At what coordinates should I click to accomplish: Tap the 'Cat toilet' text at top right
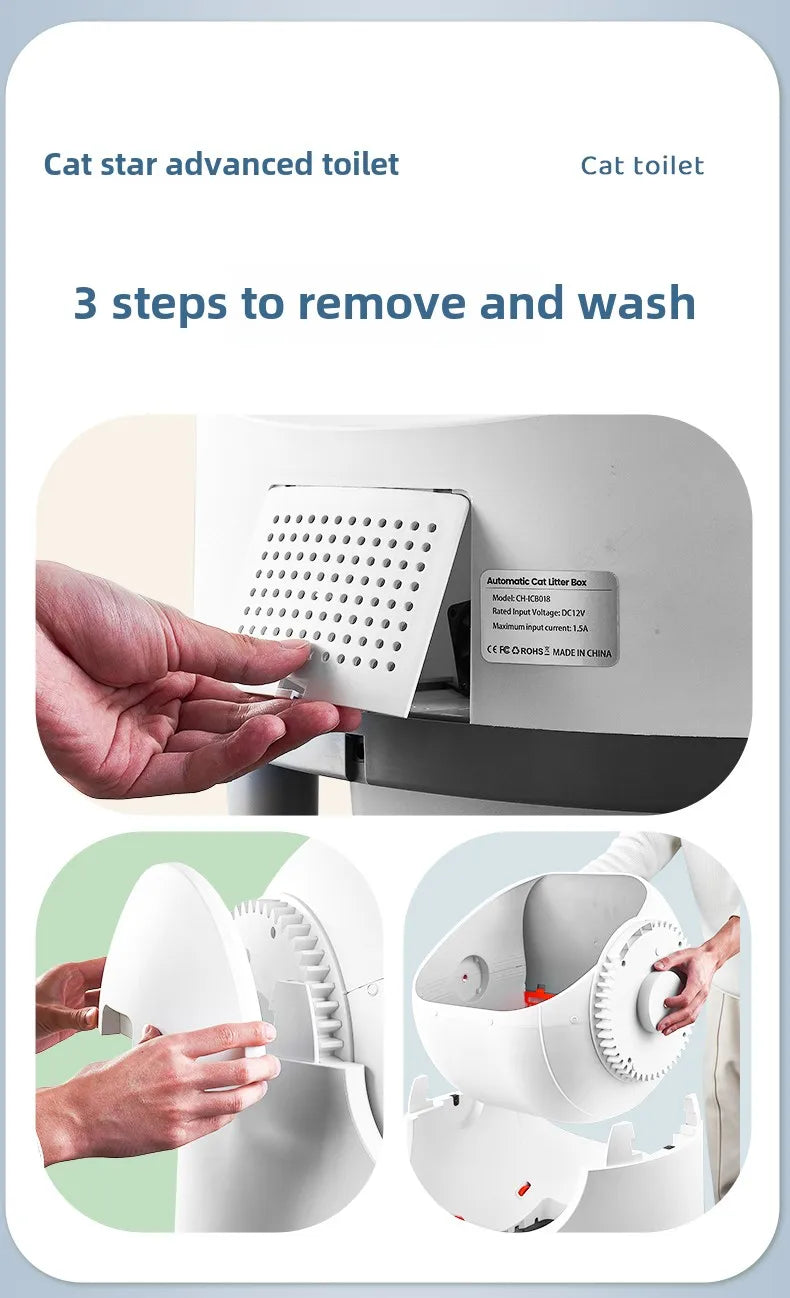(642, 166)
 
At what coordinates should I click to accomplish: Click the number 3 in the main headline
(86, 303)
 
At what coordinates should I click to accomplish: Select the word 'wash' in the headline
(636, 303)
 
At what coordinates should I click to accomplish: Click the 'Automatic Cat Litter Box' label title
(536, 582)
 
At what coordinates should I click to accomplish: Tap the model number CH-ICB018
(534, 598)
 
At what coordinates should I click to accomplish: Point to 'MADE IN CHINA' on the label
(582, 652)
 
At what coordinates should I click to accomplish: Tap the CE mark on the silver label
(491, 651)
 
